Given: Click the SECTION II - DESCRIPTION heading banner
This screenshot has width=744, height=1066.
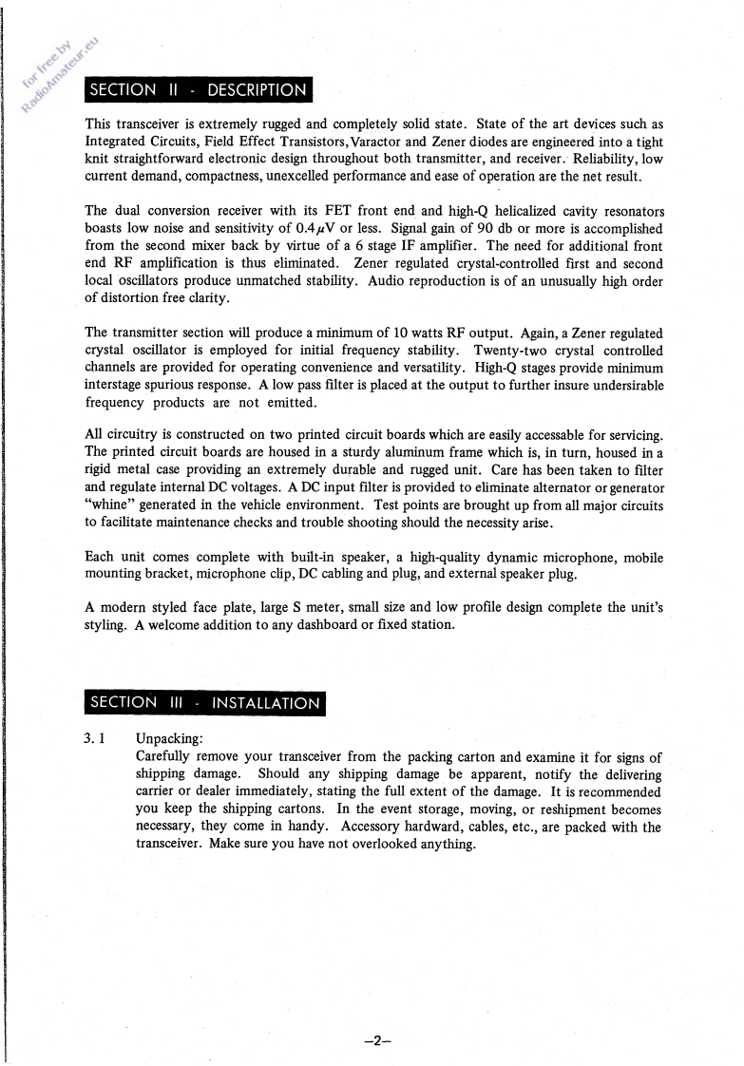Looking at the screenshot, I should tap(198, 90).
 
